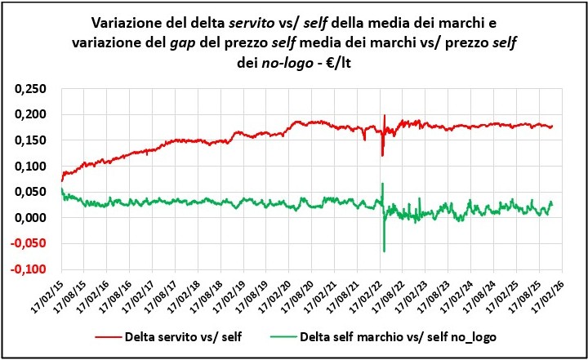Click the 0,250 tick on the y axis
(x=30, y=88)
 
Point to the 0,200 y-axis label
(x=30, y=114)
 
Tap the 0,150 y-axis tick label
(x=30, y=140)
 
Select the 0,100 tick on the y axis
(x=30, y=167)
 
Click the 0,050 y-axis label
(x=30, y=192)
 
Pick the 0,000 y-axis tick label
(x=30, y=218)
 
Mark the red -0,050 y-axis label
(x=29, y=244)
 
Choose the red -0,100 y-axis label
(x=29, y=269)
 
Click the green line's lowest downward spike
(x=384, y=251)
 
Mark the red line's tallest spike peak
(x=384, y=116)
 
